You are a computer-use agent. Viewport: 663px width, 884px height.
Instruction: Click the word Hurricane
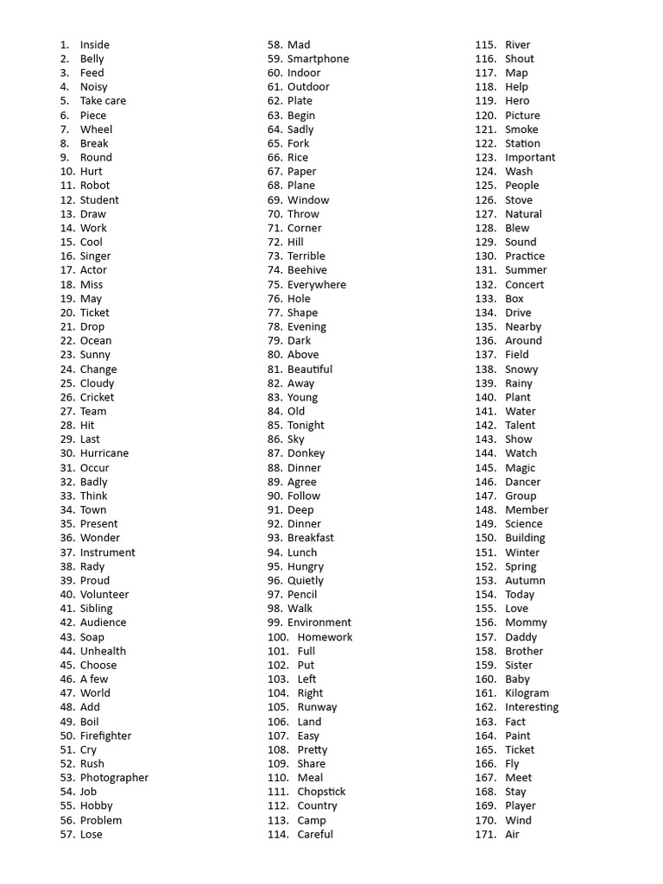pos(104,453)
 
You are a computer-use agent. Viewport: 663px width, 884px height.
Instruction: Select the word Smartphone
pos(318,59)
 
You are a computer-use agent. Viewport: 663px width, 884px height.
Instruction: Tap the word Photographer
pos(114,778)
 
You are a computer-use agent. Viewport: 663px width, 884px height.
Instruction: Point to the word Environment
pos(319,622)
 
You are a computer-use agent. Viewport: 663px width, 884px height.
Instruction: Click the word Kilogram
pos(527,693)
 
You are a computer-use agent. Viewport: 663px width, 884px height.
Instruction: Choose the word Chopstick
pos(321,792)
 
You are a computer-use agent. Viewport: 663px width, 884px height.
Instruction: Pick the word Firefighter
pos(105,736)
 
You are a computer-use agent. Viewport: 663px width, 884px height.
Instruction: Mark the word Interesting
pos(532,707)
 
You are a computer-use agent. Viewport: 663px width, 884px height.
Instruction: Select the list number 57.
pos(68,834)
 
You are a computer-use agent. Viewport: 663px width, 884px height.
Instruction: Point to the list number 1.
pos(65,45)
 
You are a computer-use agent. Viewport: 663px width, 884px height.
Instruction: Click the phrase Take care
pos(103,101)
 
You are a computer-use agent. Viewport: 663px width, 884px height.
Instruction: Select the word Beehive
pos(307,270)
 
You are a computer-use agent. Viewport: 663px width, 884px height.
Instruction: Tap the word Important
pos(530,157)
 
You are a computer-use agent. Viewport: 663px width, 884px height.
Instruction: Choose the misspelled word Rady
pos(92,566)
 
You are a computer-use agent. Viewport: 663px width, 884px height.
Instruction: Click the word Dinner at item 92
pos(304,524)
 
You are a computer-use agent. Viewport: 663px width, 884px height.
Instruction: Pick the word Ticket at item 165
pos(520,749)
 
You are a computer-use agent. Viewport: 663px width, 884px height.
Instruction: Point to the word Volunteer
pos(104,594)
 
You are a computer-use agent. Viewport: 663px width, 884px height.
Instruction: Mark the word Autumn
pos(525,580)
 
